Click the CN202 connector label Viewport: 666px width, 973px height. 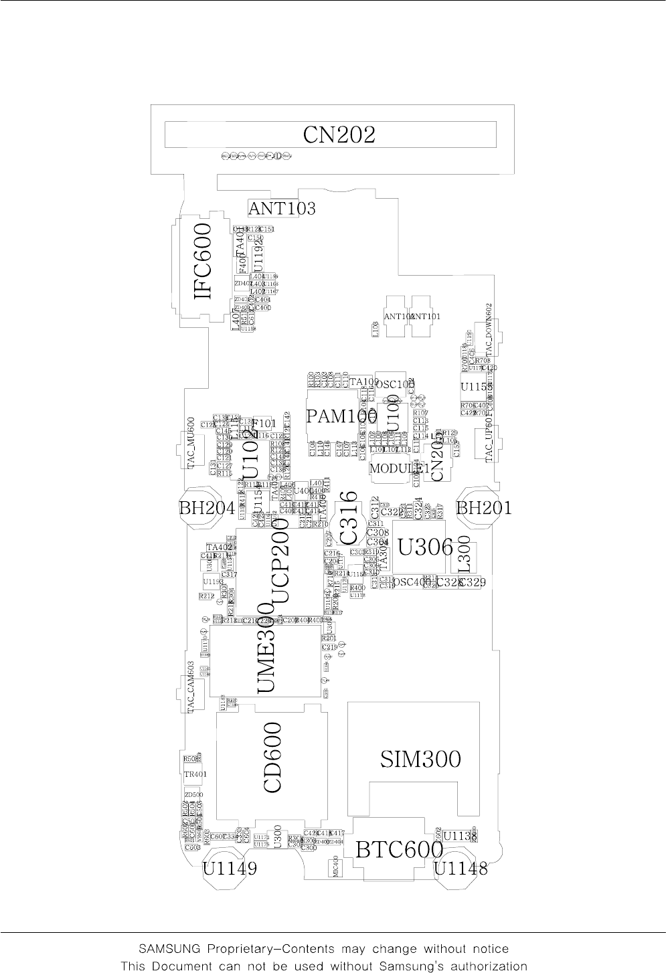click(x=339, y=136)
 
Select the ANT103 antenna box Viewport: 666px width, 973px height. click(x=282, y=209)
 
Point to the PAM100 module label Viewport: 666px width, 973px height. click(x=341, y=417)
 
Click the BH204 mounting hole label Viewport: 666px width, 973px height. click(x=207, y=508)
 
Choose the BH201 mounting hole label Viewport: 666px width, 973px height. click(x=484, y=508)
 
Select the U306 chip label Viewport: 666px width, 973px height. click(x=426, y=547)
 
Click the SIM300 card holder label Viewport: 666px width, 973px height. click(x=420, y=759)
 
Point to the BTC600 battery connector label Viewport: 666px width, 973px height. click(x=399, y=850)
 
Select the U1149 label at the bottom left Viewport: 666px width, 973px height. click(x=230, y=869)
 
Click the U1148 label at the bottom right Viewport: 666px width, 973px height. click(x=461, y=869)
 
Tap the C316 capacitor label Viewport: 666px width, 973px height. click(x=351, y=517)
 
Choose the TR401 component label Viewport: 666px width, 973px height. click(x=195, y=774)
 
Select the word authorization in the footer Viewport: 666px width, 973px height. click(x=483, y=966)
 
